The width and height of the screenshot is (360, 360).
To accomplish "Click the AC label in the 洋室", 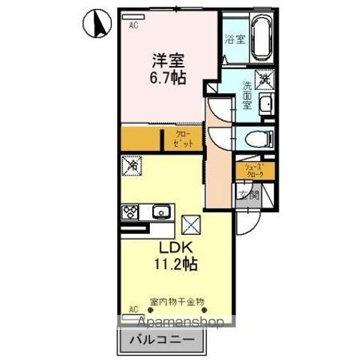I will coord(133,25).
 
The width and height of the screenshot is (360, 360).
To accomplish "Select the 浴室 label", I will coord(235,38).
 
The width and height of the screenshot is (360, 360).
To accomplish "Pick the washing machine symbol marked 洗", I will coord(264,76).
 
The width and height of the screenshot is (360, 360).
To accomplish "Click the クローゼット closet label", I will coord(184,139).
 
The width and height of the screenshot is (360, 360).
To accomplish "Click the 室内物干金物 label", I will coord(177,302).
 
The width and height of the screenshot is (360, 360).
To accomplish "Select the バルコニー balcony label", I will coord(163,340).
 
